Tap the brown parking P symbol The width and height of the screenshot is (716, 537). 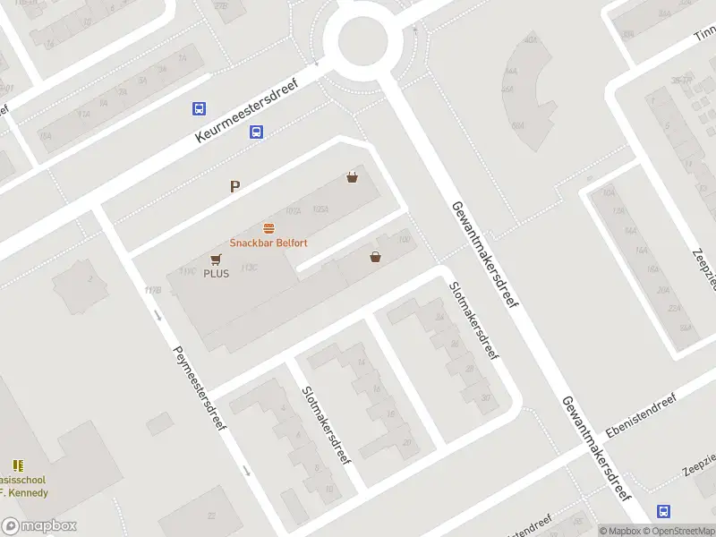click(x=235, y=186)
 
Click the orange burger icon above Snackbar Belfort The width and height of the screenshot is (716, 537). click(x=268, y=228)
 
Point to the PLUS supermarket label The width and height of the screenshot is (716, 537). click(x=216, y=273)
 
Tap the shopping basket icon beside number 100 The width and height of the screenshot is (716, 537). click(x=375, y=257)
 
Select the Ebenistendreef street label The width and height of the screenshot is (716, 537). click(x=641, y=416)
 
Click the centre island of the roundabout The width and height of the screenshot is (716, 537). click(x=356, y=39)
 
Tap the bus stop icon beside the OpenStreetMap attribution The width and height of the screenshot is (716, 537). click(x=663, y=511)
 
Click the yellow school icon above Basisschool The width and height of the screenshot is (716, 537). click(x=18, y=465)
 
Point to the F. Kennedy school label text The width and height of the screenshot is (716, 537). click(x=24, y=492)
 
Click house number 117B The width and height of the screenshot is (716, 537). click(x=153, y=290)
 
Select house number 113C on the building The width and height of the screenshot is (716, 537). click(x=249, y=268)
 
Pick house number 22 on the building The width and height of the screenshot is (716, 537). click(x=212, y=516)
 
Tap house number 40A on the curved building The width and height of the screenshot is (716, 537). click(x=532, y=39)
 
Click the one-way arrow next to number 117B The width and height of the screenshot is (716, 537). click(x=158, y=314)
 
